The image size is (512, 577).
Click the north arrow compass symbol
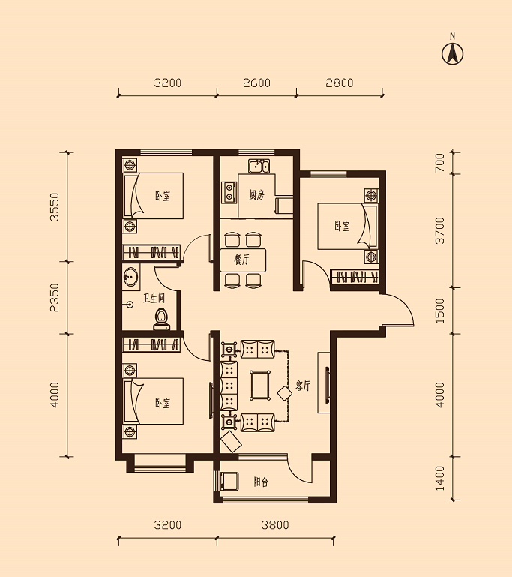pos(452,54)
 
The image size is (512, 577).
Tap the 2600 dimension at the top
pos(256,83)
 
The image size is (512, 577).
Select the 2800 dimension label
pos(340,83)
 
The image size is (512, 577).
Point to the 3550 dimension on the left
pos(55,206)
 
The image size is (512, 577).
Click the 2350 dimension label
pos(55,297)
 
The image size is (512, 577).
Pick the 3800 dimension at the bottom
pos(275,524)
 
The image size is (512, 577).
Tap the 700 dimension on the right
pos(439,163)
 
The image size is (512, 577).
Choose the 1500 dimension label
pos(439,311)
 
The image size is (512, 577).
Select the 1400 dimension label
pos(439,479)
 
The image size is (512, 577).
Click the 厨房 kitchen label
pos(256,195)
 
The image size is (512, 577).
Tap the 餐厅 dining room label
pos(241,260)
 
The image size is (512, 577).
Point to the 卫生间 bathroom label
pos(154,298)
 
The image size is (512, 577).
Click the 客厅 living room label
pos(303,386)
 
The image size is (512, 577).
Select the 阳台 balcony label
pos(261,482)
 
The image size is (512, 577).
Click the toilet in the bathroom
pos(161,320)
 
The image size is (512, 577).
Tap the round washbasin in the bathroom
pos(130,276)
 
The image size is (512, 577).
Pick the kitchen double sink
pos(259,166)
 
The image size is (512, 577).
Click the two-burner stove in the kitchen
pos(229,192)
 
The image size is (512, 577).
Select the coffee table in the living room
pos(260,386)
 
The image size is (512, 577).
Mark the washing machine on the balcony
pos(229,481)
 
